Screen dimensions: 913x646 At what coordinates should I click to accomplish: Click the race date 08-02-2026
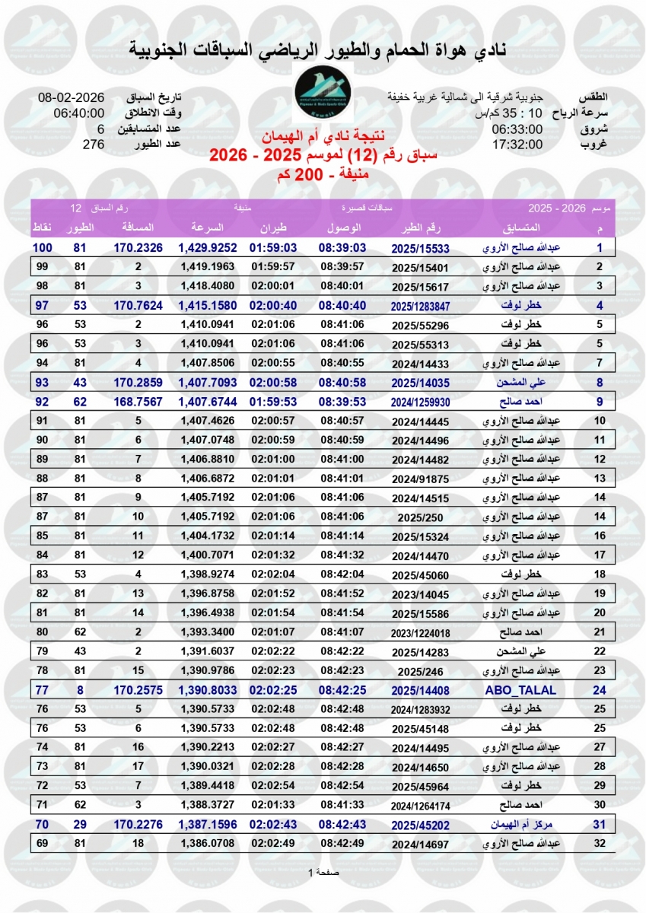72,99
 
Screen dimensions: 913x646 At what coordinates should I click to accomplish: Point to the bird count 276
93,145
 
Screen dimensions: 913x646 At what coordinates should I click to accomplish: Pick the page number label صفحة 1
323,872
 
